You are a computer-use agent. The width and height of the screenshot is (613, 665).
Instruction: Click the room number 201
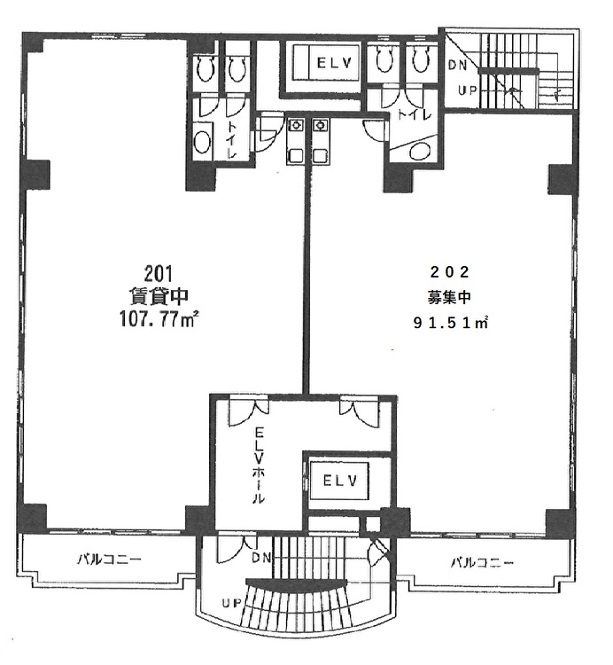tap(158, 274)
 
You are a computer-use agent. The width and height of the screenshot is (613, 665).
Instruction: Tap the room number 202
tap(450, 272)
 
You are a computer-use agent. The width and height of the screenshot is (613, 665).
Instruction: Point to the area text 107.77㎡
tap(160, 319)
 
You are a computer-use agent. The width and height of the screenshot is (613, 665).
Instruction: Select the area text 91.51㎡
tap(450, 323)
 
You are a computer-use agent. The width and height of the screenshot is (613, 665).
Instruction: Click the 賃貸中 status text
tap(159, 296)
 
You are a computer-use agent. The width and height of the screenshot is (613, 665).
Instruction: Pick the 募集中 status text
tap(449, 297)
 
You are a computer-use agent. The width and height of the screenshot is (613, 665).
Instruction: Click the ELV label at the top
tap(335, 63)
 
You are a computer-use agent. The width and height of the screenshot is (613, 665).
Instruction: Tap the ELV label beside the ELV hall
tap(340, 481)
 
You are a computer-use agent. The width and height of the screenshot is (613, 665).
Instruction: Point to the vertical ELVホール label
tap(259, 465)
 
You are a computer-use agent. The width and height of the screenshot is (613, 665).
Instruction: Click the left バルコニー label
tap(109, 559)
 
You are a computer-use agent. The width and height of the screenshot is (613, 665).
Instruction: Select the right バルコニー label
tap(482, 563)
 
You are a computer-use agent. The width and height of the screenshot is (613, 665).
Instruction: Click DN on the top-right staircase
tap(457, 66)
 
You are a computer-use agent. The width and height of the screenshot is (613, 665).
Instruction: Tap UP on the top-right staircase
tap(468, 90)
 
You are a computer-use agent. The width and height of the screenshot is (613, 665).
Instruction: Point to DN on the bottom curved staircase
tap(261, 558)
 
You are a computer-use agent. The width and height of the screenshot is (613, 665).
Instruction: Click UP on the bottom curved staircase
tap(232, 603)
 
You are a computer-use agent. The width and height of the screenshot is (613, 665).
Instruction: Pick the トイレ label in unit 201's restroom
tap(232, 139)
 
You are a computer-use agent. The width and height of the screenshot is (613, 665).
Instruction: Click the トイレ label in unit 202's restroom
tap(415, 114)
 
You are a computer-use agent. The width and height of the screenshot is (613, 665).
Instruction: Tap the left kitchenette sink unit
tap(295, 141)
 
